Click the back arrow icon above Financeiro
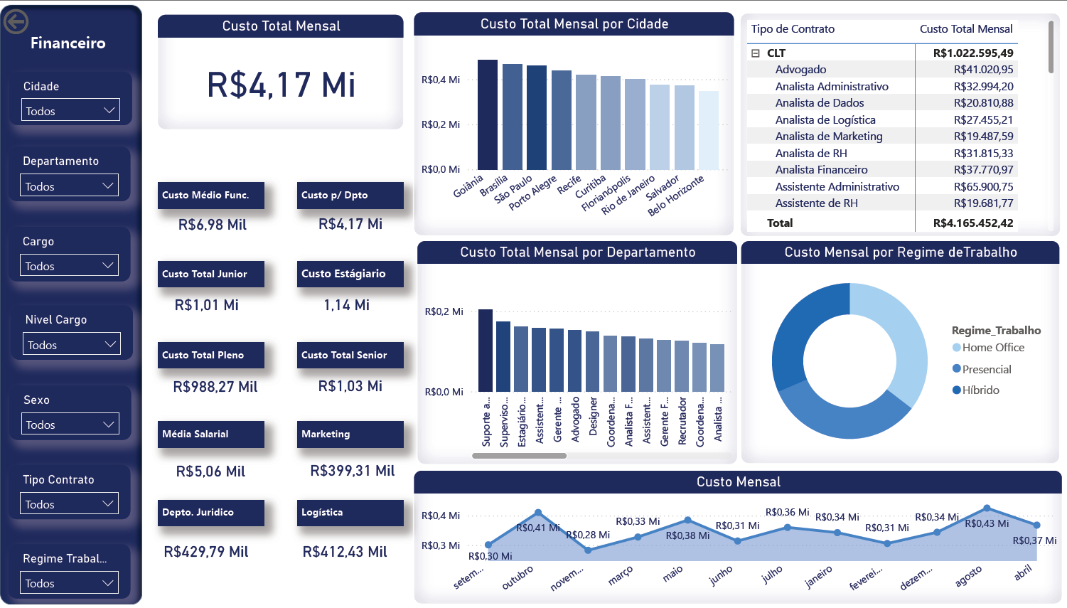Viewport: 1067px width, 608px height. pyautogui.click(x=16, y=22)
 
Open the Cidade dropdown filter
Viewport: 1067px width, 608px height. pyautogui.click(x=70, y=110)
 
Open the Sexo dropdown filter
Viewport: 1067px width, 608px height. pyautogui.click(x=70, y=425)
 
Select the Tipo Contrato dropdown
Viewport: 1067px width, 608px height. pyautogui.click(x=70, y=504)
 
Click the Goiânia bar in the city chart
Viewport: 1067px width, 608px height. pyautogui.click(x=487, y=114)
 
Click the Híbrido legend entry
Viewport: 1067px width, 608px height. pyautogui.click(x=980, y=390)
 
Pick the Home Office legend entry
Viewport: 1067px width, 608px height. pyautogui.click(x=992, y=347)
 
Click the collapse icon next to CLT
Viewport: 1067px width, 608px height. pyautogui.click(x=755, y=53)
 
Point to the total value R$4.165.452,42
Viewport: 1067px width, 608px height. pyautogui.click(x=972, y=223)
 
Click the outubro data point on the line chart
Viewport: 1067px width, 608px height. pyautogui.click(x=538, y=512)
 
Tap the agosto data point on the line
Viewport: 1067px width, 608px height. pyautogui.click(x=987, y=508)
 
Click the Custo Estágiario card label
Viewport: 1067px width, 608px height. pyautogui.click(x=343, y=274)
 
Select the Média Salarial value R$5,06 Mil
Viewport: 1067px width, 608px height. pyautogui.click(x=210, y=471)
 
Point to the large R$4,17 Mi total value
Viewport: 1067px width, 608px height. pyautogui.click(x=281, y=85)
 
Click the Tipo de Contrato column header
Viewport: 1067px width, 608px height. pyautogui.click(x=793, y=29)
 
